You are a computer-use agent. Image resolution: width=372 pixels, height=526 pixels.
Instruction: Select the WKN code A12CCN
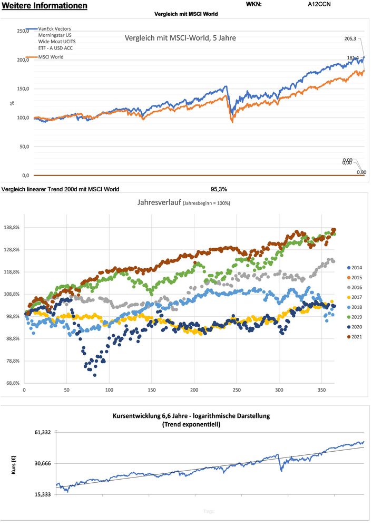click(x=319, y=4)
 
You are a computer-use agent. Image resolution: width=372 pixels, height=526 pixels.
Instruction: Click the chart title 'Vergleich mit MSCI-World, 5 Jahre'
click(x=180, y=38)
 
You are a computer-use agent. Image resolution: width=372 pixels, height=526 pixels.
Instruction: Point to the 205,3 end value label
click(x=350, y=39)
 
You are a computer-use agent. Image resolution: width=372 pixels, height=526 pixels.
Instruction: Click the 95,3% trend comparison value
click(x=219, y=189)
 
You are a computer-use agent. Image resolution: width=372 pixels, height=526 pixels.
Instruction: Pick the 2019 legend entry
click(x=357, y=317)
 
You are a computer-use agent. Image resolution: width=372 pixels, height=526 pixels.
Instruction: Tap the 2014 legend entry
click(x=357, y=268)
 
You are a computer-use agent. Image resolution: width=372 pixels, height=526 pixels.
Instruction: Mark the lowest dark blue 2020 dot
click(x=95, y=375)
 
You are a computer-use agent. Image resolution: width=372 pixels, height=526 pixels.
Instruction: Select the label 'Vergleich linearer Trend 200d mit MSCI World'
click(x=61, y=189)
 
